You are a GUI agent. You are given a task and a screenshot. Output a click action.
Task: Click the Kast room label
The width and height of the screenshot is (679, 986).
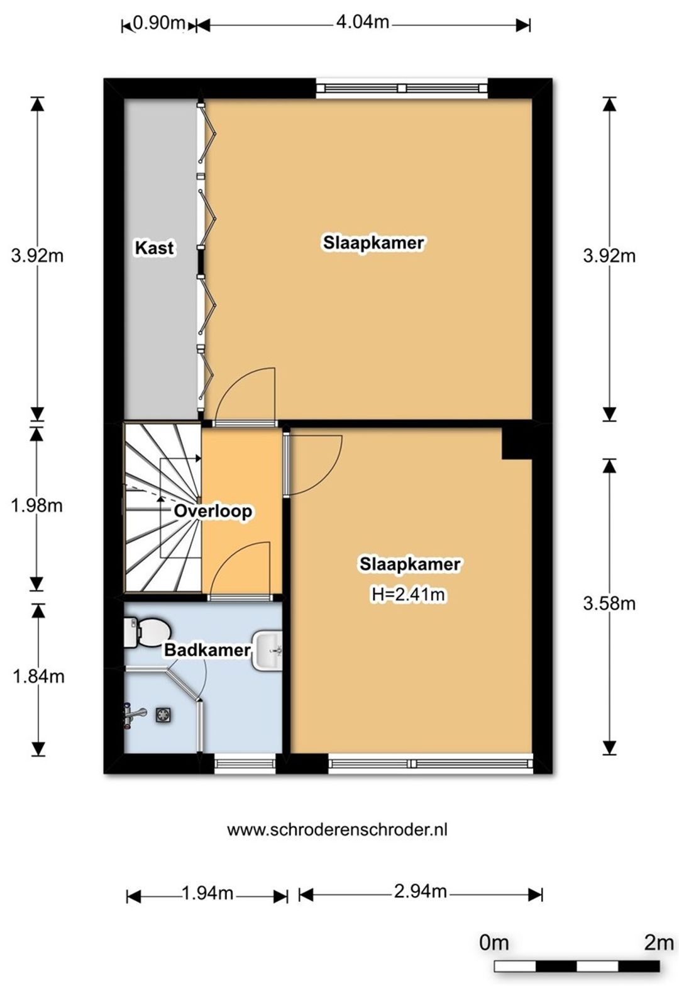point(155,248)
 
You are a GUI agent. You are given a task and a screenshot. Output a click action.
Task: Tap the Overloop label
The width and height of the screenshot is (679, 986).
point(213,511)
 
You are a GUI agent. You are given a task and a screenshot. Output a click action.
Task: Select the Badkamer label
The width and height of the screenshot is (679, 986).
point(207,650)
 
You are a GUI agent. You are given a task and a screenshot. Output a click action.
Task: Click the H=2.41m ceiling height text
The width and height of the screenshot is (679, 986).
point(409,595)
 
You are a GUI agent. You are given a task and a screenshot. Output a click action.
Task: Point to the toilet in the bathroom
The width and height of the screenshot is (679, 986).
point(146,632)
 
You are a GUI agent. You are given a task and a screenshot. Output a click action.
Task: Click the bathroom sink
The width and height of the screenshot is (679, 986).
point(267,651)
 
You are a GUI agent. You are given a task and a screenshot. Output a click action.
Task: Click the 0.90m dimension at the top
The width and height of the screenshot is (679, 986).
point(158,23)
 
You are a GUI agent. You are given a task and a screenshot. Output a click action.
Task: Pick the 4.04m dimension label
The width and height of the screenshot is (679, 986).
point(362,21)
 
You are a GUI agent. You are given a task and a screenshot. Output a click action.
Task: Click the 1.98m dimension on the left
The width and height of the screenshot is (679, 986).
point(37,506)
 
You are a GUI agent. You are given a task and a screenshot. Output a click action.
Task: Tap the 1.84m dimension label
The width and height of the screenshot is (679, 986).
point(38,676)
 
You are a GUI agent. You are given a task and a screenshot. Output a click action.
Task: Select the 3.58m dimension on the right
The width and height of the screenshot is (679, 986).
point(609,603)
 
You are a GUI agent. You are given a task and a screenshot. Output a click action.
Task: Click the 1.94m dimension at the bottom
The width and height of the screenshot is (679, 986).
point(207,893)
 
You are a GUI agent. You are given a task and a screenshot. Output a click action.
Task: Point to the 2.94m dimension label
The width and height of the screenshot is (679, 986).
point(420,892)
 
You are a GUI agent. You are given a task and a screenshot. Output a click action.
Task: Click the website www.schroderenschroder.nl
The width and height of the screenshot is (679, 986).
point(338,830)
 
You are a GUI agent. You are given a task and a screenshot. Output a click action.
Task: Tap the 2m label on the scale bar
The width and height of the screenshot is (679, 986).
point(659,943)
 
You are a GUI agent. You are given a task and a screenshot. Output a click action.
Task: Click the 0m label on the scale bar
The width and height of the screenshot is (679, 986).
point(494,943)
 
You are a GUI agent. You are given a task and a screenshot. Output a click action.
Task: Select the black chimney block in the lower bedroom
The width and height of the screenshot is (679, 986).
point(517,443)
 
